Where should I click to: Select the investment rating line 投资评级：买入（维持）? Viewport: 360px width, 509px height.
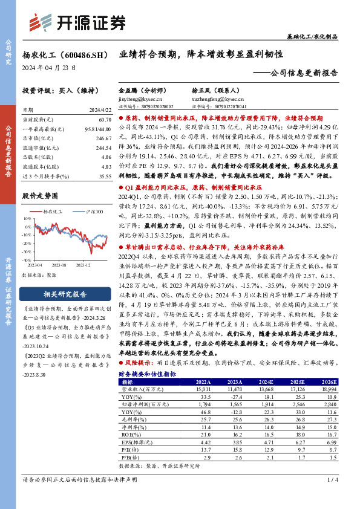(55, 90)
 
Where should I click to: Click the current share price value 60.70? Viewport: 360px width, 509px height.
(104, 122)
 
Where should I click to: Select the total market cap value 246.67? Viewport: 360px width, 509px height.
(103, 138)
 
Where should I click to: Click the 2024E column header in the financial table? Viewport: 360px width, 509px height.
(261, 382)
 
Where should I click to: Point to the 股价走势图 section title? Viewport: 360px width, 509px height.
(40, 196)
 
